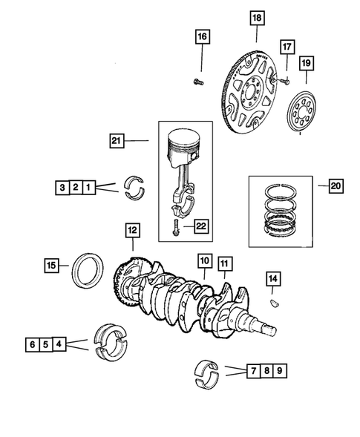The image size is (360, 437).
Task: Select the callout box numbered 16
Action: pos(202,35)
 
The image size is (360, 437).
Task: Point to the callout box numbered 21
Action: pos(116,139)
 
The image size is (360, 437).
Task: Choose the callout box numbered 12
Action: pos(132,231)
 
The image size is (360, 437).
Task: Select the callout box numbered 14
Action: pos(273,278)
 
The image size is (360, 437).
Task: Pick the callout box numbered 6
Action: pos(33,344)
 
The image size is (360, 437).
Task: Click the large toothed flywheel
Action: pos(252,89)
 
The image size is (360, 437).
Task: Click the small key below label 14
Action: pos(272,303)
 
